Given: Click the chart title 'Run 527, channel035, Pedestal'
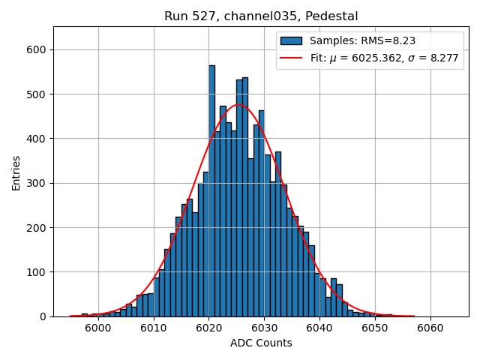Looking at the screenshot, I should [261, 16].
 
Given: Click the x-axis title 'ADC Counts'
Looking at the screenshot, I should [261, 343].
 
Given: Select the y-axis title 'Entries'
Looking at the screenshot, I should [16, 172].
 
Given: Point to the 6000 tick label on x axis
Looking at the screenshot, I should [98, 328].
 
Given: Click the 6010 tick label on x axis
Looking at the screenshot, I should [154, 328].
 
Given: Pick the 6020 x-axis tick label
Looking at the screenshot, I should [208, 328].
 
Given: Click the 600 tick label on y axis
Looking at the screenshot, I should [37, 49].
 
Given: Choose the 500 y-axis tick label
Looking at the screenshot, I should [37, 94].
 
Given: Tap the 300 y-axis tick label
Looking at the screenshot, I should [37, 183].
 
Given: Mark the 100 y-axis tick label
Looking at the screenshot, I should [37, 272].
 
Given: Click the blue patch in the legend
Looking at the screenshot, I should [291, 41].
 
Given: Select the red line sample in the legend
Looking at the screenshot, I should [291, 58].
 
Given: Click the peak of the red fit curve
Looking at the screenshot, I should [239, 105].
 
